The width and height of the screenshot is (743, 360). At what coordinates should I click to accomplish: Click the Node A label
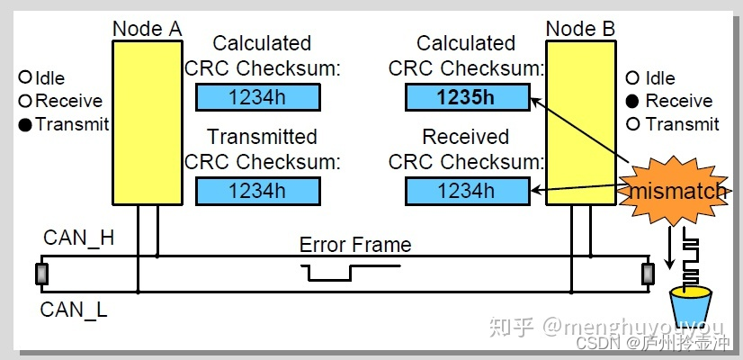click(x=147, y=28)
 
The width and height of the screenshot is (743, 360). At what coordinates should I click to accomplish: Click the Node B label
click(x=580, y=28)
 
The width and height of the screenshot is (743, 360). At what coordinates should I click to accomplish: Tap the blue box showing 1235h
click(x=467, y=98)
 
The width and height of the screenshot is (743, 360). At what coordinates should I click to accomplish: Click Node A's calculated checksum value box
click(x=257, y=98)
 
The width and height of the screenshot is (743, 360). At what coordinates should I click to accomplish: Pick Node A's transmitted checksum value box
click(x=257, y=191)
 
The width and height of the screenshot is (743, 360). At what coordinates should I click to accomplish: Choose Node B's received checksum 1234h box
click(x=467, y=191)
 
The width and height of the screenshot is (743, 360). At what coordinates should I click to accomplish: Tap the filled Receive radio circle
click(x=634, y=102)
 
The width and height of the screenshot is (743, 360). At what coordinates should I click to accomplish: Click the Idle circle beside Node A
click(x=25, y=78)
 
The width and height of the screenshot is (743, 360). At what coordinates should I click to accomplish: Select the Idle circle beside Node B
click(x=634, y=78)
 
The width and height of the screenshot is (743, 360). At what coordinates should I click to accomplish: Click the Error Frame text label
click(x=354, y=245)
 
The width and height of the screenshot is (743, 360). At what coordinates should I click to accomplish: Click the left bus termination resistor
click(x=41, y=274)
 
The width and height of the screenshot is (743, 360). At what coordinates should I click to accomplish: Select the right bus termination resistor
click(x=647, y=274)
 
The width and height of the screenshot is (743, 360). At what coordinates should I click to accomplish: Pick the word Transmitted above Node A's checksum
click(x=262, y=137)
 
